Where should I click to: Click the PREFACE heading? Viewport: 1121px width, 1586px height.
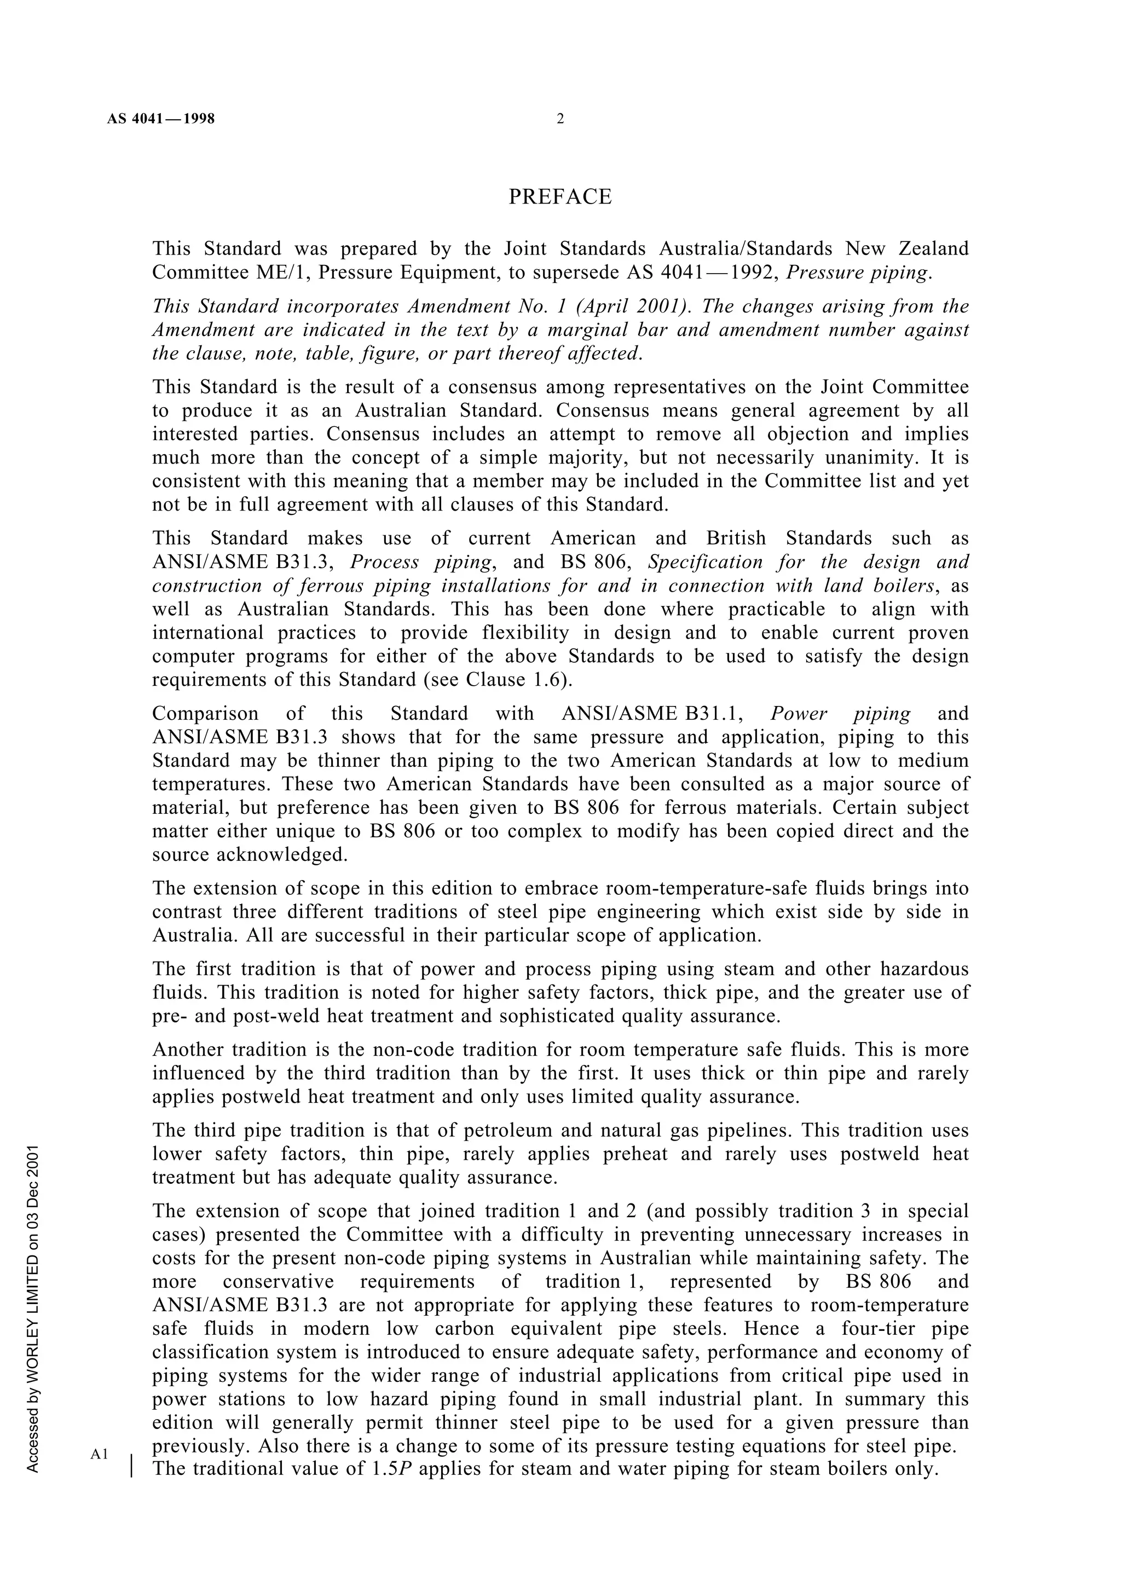click(x=559, y=198)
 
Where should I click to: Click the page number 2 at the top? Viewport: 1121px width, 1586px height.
click(x=559, y=119)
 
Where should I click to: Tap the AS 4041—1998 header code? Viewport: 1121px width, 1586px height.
click(x=161, y=119)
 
